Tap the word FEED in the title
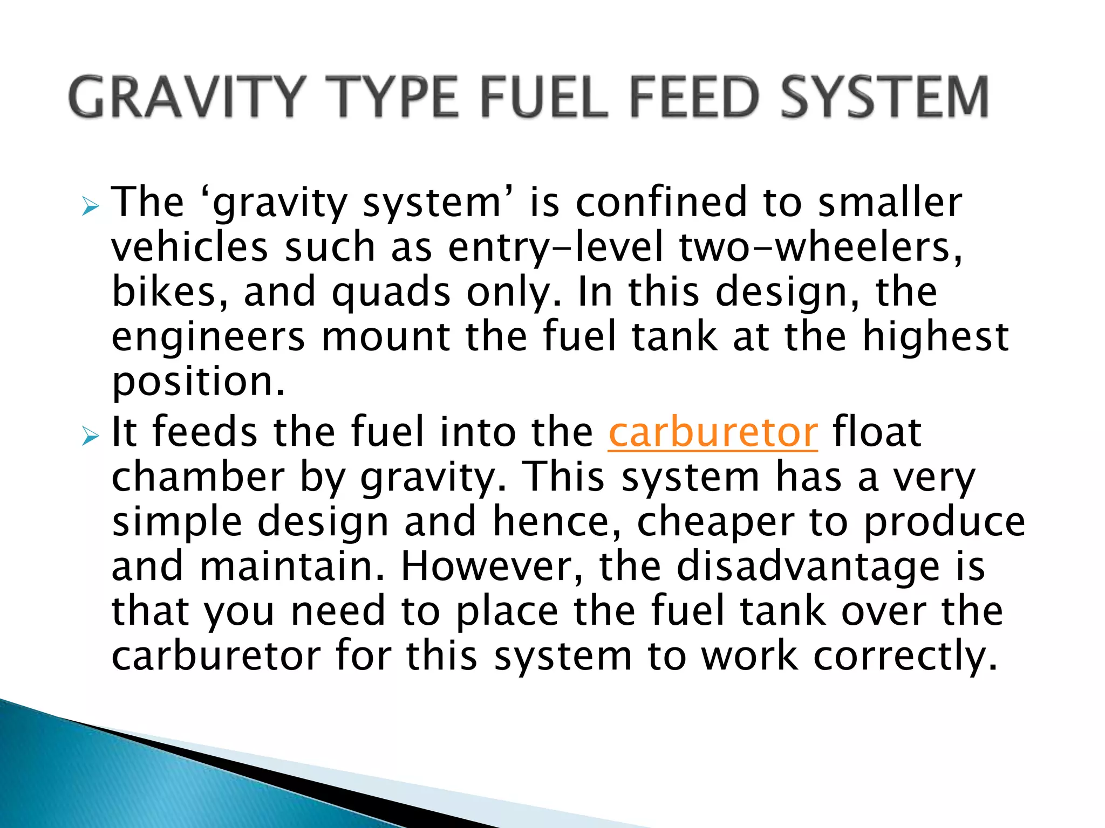click(x=693, y=97)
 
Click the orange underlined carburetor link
click(x=713, y=432)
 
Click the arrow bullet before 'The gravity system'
click(x=90, y=206)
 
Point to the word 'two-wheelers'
click(x=820, y=248)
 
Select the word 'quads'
click(x=391, y=292)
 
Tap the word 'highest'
click(x=936, y=336)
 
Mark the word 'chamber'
click(x=197, y=477)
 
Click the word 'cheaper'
click(x=716, y=523)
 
